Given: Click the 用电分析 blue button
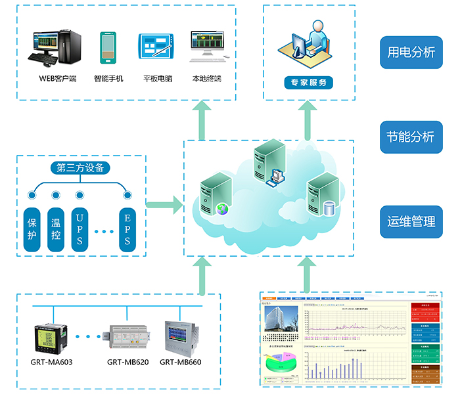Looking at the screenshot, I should [411, 53].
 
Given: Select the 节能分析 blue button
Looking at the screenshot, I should [411, 137].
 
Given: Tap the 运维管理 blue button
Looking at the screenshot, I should [411, 221].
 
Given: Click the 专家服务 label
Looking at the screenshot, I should [308, 83].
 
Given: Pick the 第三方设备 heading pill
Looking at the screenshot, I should [80, 167].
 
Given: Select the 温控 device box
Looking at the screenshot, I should [56, 230].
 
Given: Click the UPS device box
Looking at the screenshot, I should [80, 230].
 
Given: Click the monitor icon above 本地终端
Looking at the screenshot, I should [207, 47].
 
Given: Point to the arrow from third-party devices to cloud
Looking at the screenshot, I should [164, 204].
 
